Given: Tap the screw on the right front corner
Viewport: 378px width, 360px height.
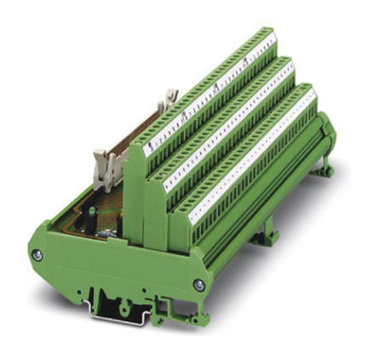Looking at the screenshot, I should [198, 285].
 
